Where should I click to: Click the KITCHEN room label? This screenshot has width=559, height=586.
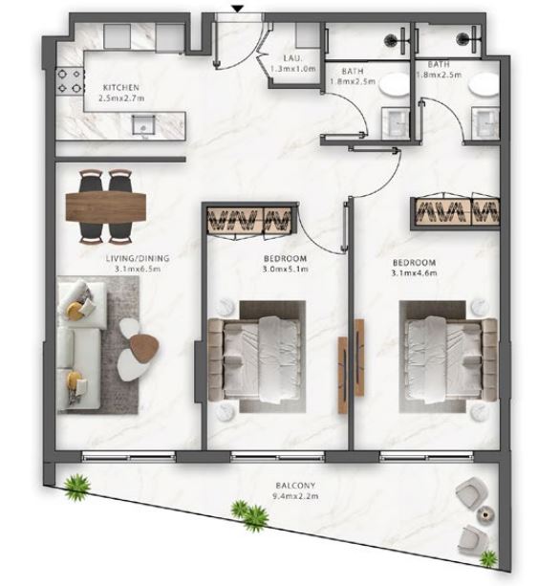pos(121,87)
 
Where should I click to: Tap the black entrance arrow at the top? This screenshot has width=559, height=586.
pos(237,9)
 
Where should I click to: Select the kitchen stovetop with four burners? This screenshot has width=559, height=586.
pos(70,81)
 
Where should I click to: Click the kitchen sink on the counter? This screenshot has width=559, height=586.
pos(143,124)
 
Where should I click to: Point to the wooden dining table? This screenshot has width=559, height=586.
pos(105,206)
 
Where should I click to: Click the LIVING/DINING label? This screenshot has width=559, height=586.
pos(138,258)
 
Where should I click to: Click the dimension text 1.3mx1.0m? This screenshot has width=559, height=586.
pos(293,69)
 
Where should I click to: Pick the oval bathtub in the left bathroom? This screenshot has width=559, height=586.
pos(395,86)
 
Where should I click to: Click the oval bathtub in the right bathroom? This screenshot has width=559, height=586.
pos(484,86)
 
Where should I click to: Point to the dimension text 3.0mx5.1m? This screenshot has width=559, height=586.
pos(286,269)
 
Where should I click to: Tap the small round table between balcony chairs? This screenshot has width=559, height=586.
pos(485,515)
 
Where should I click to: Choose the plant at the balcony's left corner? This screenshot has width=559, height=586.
pos(76,487)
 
